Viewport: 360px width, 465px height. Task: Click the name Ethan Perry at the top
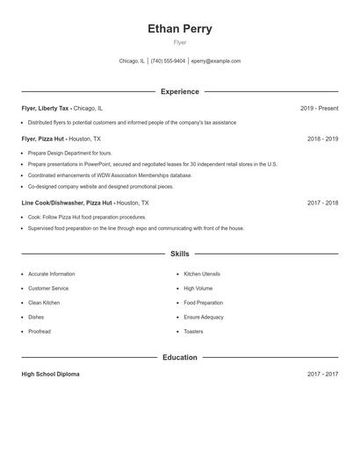180,29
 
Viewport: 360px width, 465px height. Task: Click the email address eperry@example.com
215,61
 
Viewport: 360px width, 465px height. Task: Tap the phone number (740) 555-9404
168,61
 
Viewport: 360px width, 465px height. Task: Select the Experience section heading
180,91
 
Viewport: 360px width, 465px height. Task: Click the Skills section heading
180,254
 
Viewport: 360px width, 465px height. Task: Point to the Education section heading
180,357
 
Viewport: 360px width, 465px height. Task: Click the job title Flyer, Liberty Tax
46,108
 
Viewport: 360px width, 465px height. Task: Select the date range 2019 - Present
319,108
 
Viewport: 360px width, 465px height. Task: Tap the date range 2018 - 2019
322,139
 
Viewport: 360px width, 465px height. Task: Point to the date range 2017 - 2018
322,203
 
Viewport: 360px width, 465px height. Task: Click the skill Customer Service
48,288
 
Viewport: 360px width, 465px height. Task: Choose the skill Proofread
40,332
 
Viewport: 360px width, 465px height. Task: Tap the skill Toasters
193,332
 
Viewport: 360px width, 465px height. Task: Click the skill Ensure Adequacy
205,317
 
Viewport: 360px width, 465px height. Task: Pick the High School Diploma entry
50,374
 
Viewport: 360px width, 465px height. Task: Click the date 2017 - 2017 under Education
322,374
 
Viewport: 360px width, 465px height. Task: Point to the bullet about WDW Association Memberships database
110,175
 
